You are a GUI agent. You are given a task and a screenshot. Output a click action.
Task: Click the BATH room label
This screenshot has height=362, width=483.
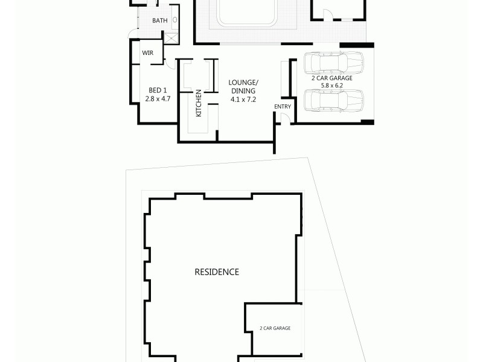[159, 21]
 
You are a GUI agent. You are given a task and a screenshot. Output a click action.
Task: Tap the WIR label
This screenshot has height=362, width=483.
[147, 53]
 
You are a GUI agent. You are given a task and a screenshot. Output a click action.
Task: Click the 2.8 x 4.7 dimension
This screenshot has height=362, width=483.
[158, 98]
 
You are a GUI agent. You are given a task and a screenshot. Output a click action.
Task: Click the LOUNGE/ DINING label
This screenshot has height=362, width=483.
[243, 86]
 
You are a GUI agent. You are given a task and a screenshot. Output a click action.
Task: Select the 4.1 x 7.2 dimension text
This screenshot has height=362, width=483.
[243, 99]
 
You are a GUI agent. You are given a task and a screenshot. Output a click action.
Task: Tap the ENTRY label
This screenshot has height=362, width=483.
[283, 107]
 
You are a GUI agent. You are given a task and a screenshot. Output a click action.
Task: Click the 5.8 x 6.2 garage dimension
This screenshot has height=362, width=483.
[331, 86]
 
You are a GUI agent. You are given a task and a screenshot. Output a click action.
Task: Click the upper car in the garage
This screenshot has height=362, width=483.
[333, 62]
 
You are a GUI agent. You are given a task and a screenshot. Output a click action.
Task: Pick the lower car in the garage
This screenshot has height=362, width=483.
[333, 101]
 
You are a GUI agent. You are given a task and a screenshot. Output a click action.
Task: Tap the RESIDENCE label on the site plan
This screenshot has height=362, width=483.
[216, 272]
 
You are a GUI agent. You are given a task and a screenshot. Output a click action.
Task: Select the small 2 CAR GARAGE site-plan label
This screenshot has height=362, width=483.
[275, 328]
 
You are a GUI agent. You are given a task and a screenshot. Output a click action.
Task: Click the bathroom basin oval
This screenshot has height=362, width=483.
[175, 20]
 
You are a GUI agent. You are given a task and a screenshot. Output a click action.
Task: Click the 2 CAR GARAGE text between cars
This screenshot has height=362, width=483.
[331, 78]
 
